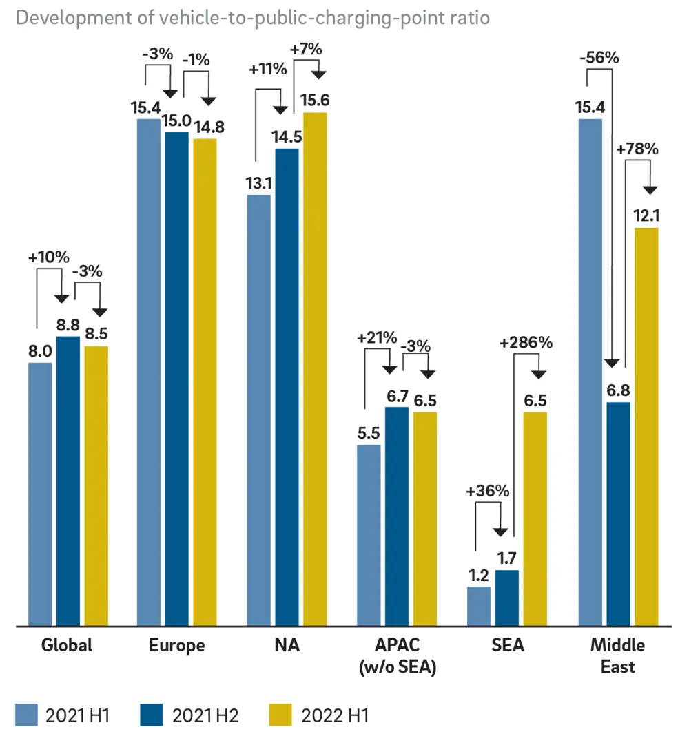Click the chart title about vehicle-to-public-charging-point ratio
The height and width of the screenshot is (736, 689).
pos(252,19)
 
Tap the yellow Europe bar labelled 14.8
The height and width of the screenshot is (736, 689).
pos(205,382)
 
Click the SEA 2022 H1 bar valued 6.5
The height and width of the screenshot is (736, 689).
pos(535,519)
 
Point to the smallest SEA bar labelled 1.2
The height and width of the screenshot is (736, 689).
pos(479,607)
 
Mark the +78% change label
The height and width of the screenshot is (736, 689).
pos(638,149)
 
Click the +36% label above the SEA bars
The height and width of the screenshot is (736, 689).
pos(488,492)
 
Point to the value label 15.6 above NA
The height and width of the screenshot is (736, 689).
pos(315,101)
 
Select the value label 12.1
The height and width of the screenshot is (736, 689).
pos(646,215)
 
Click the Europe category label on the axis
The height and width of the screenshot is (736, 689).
pos(177,646)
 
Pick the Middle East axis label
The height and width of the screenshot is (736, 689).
pos(618,656)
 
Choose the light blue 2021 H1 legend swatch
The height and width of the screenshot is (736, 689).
pos(27,715)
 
